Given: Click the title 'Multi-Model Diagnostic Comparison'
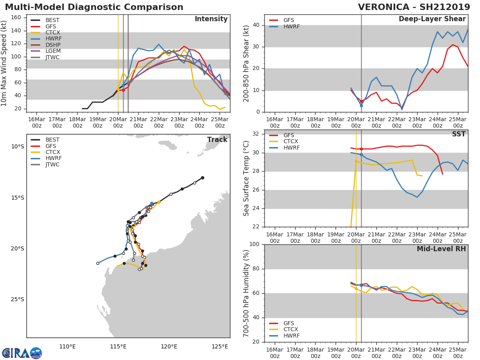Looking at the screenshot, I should (x=94, y=7).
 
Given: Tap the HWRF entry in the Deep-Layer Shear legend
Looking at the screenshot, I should (x=291, y=26).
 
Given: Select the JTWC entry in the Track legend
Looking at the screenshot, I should (x=52, y=164).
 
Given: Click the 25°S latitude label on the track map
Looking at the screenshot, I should (x=17, y=300).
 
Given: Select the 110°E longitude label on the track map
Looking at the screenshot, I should (x=67, y=346).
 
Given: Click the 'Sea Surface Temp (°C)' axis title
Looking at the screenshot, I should (x=246, y=178).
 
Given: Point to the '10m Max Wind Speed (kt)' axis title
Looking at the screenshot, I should (x=4, y=63).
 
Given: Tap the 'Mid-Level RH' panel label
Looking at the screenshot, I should (x=441, y=249).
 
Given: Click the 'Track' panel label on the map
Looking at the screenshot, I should (x=217, y=140).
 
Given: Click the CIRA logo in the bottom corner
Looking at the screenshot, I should (x=22, y=353).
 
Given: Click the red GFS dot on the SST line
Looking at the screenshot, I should (x=361, y=149).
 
